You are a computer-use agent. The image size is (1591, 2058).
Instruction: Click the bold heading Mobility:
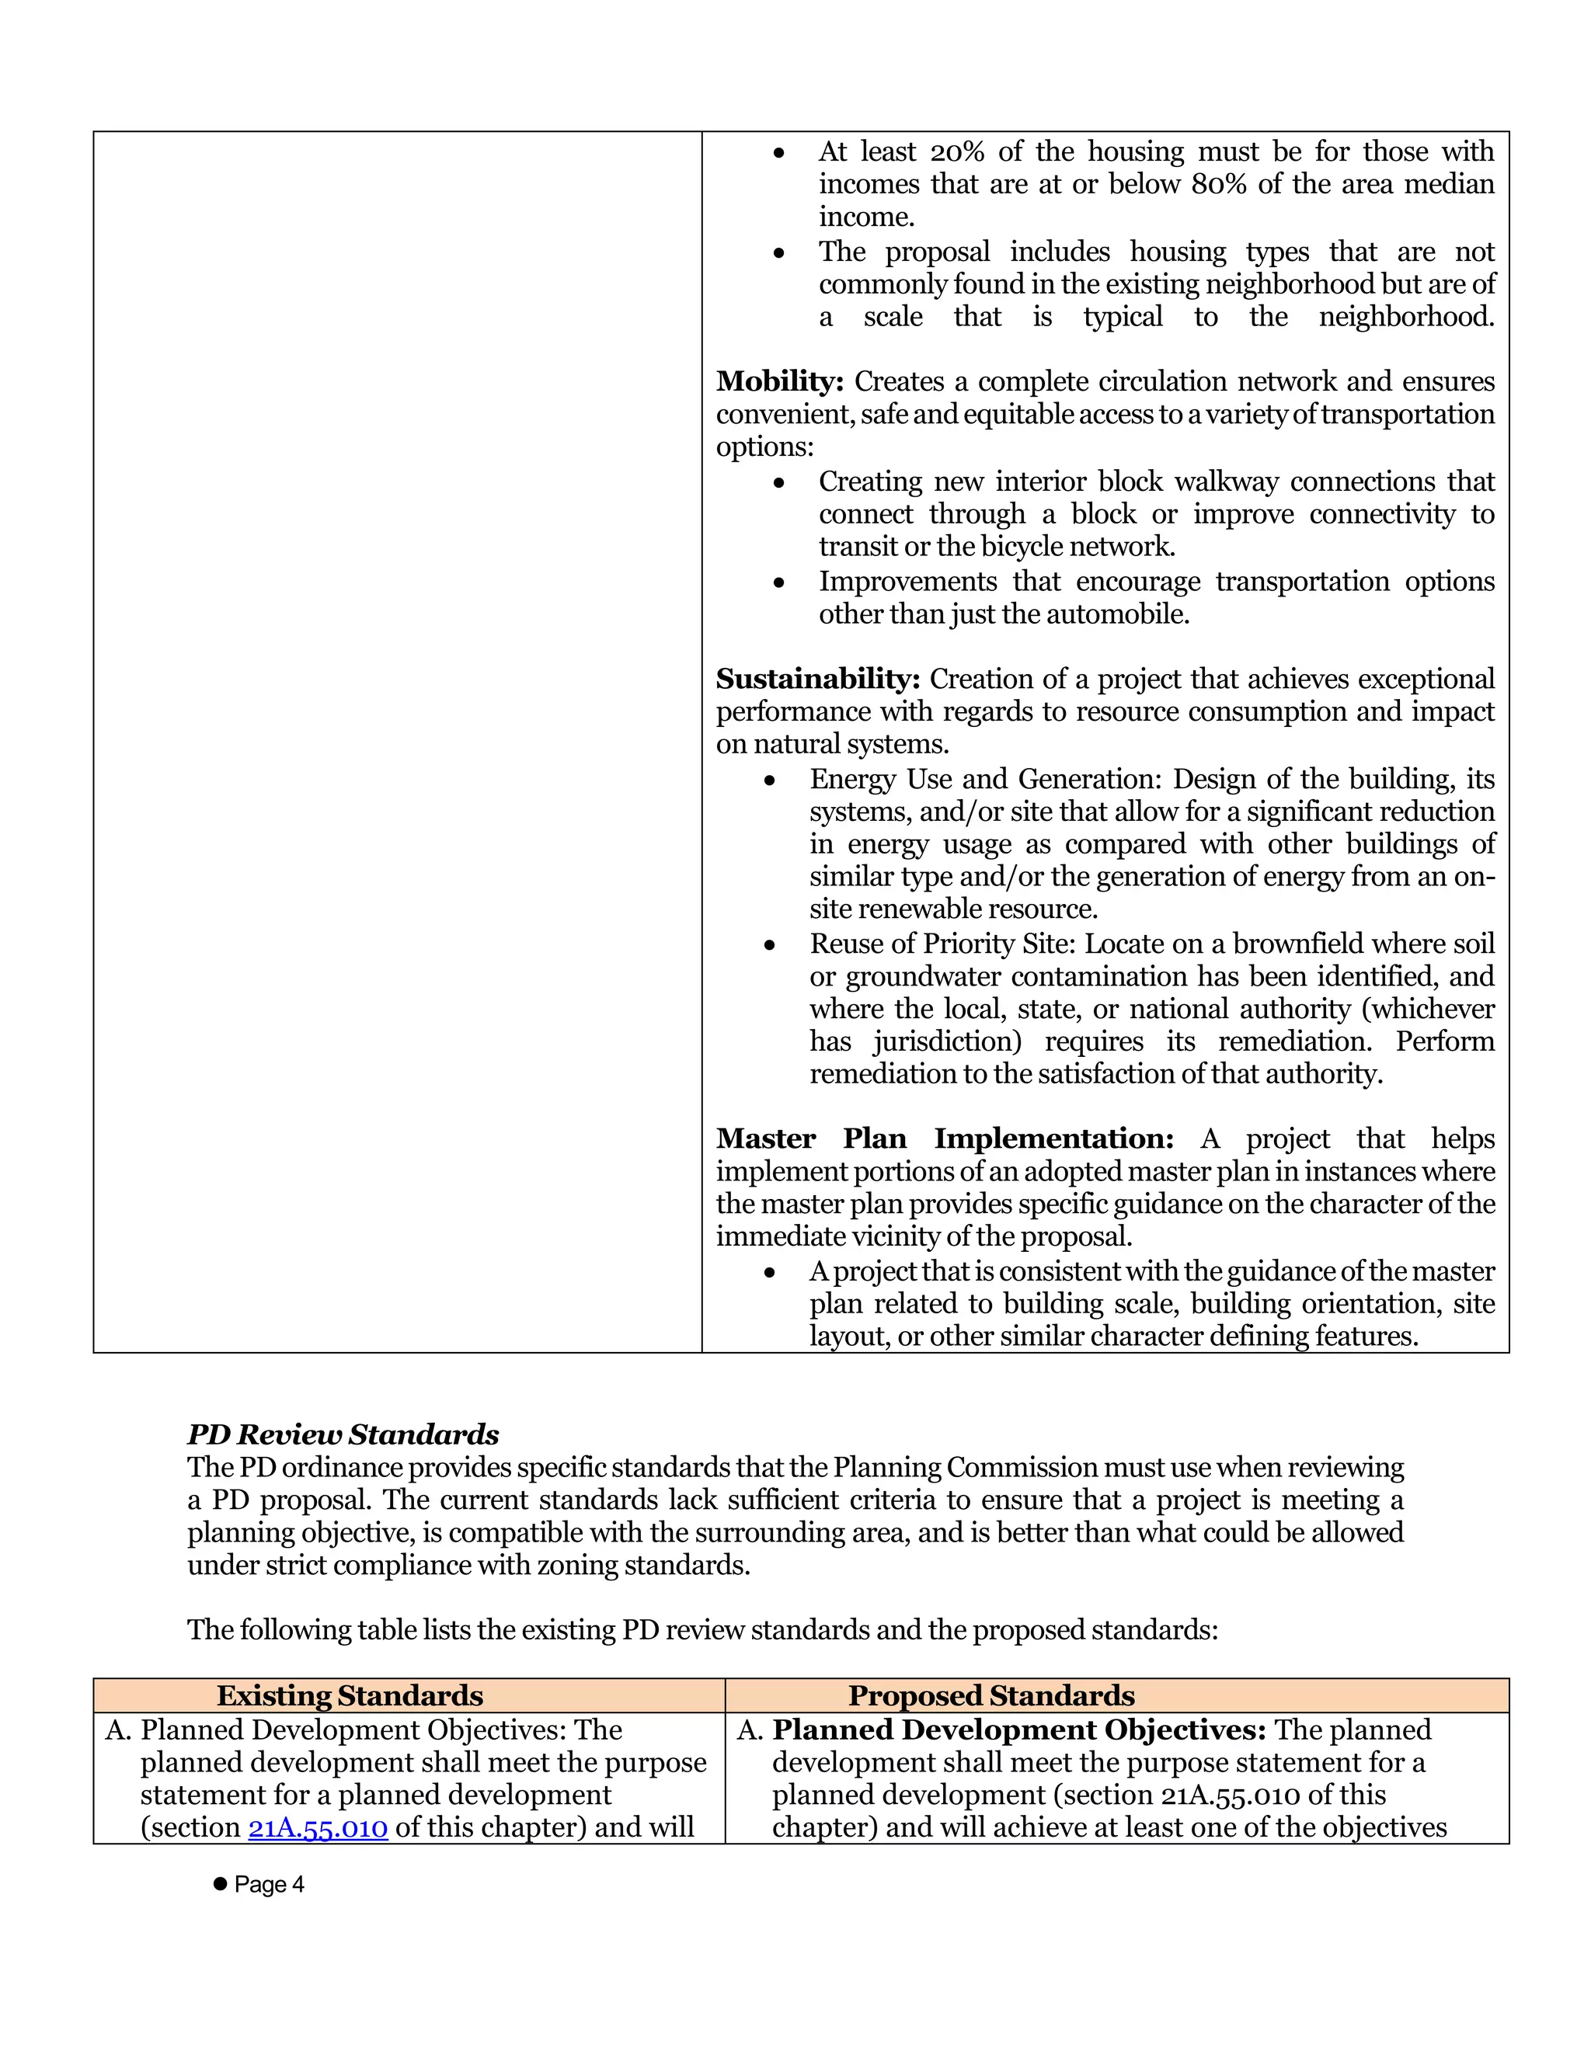pyautogui.click(x=779, y=381)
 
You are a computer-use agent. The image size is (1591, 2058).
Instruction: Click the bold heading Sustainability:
pyautogui.click(x=817, y=680)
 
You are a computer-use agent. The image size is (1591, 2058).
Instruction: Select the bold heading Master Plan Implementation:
pyautogui.click(x=945, y=1139)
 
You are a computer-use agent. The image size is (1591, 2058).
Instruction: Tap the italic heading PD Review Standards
pyautogui.click(x=343, y=1435)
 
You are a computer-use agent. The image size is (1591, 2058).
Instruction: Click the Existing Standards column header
pyautogui.click(x=350, y=1696)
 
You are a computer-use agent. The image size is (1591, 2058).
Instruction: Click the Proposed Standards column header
pyautogui.click(x=990, y=1696)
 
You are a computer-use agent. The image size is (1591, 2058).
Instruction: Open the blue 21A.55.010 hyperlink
pyautogui.click(x=318, y=1828)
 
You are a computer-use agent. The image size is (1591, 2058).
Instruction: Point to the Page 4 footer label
pyautogui.click(x=270, y=1885)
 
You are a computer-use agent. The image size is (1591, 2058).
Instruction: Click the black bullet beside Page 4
pyautogui.click(x=221, y=1884)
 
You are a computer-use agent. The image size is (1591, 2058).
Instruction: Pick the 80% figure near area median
pyautogui.click(x=1219, y=184)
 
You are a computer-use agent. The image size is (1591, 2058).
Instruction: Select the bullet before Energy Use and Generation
pyautogui.click(x=770, y=781)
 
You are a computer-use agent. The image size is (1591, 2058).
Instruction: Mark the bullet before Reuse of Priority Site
pyautogui.click(x=770, y=945)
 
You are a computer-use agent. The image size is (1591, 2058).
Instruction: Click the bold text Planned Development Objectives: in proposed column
pyautogui.click(x=1019, y=1731)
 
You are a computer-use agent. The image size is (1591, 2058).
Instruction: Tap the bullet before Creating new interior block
pyautogui.click(x=778, y=483)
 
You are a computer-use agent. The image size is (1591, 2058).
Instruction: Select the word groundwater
pyautogui.click(x=923, y=977)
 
